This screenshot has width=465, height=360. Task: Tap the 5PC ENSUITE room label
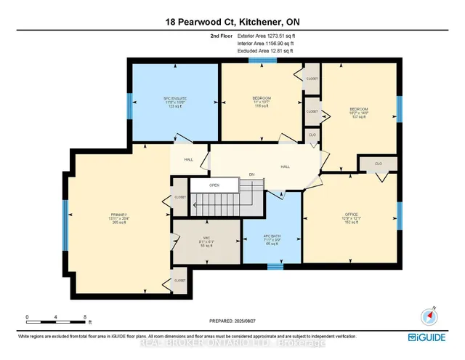[x=174, y=101]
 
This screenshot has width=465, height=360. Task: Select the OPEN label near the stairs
[x=214, y=185]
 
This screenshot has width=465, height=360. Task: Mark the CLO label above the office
[x=378, y=164]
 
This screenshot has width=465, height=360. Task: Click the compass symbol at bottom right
[x=428, y=316]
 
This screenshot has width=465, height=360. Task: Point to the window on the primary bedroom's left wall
[x=66, y=220]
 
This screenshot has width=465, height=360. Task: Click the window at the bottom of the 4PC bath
[x=275, y=266]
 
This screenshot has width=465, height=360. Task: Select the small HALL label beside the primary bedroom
[x=187, y=160]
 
